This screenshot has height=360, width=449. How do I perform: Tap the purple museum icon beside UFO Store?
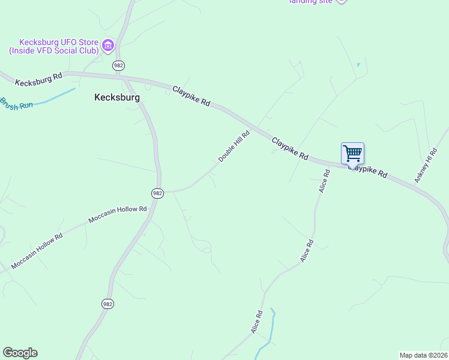108,46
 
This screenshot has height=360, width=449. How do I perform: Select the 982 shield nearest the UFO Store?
119,65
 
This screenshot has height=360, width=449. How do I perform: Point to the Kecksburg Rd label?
39,79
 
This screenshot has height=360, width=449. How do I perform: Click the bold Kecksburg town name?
117,97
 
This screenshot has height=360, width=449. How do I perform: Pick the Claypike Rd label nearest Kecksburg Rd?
191,96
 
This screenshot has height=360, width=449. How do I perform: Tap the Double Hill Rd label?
234,146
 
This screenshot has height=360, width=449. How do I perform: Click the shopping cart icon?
352,153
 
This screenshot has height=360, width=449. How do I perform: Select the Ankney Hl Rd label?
425,166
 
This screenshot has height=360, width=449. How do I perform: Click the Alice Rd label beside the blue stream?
257,322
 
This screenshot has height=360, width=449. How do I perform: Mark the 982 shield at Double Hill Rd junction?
157,193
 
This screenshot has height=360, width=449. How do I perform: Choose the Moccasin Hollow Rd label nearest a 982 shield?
118,215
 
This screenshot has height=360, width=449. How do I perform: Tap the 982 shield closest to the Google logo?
107,304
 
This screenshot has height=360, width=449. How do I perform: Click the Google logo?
20,353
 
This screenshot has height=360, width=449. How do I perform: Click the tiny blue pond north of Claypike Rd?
358,65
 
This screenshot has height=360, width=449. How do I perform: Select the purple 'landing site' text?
310,2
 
